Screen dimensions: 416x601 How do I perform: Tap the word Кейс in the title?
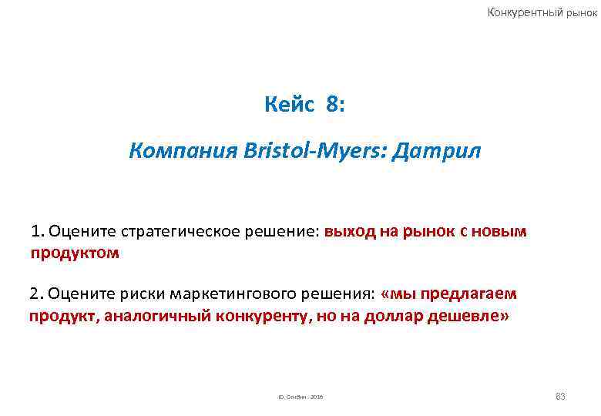(x=289, y=105)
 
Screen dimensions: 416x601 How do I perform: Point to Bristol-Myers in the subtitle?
(x=297, y=152)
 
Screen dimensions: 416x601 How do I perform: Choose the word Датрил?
(x=436, y=152)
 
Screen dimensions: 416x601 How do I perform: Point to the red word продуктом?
(x=75, y=252)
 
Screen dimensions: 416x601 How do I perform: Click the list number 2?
(x=35, y=294)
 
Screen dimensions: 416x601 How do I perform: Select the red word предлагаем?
(x=468, y=294)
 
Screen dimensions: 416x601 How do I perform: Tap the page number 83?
(x=560, y=396)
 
